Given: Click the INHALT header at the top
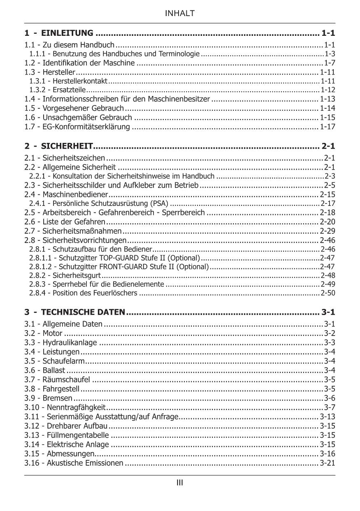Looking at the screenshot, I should coord(180,14).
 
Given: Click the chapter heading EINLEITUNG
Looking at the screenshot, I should coord(67,33).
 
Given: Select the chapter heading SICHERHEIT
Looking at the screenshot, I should coord(67,146).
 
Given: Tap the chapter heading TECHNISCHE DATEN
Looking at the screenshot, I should coord(83,312).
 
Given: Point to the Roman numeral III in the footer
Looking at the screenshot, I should coord(180,483).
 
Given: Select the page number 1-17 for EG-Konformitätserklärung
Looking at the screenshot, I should coord(327,126).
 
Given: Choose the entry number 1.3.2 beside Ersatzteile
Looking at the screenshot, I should coord(37,90).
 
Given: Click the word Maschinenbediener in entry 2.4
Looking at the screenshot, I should coord(75,194).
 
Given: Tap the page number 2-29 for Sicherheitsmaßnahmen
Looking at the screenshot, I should coord(327,231).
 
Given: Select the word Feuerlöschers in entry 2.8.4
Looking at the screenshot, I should coord(117,293).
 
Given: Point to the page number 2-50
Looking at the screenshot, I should coord(328,293).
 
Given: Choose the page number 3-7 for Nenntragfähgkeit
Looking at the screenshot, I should coord(330,408).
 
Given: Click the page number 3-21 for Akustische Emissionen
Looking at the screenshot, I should coord(327,463).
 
